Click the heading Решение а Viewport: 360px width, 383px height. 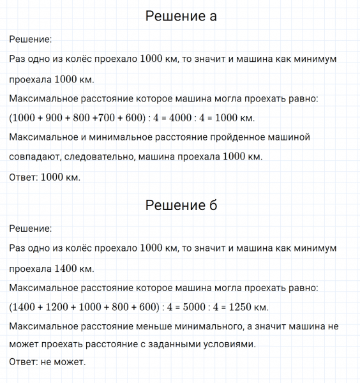point(181,16)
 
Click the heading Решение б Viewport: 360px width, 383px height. point(181,205)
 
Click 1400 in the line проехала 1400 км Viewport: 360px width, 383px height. point(66,268)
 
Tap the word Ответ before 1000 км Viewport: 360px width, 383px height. point(23,177)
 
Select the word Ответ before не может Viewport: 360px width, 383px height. point(23,362)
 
